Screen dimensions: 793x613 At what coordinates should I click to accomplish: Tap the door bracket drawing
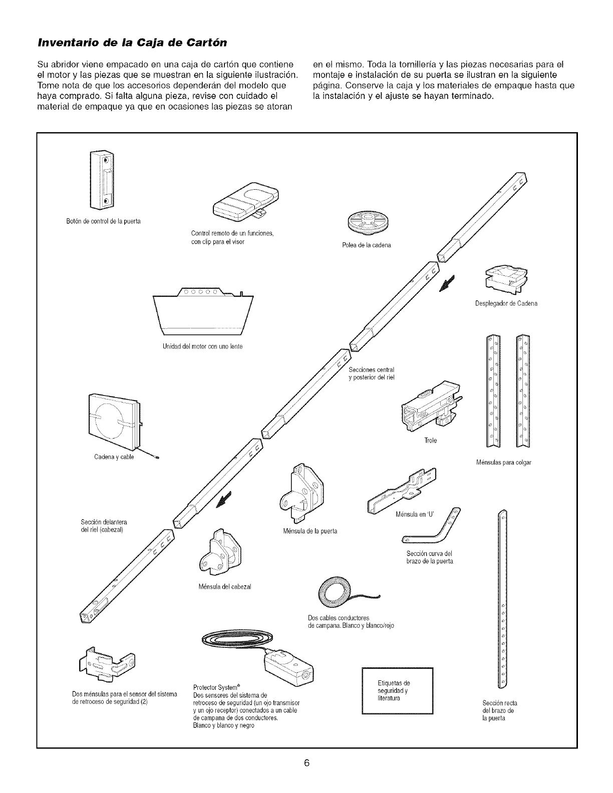tap(302, 492)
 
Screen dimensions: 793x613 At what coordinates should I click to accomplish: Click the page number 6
tap(307, 763)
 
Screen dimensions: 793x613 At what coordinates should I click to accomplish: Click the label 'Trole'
tap(430, 441)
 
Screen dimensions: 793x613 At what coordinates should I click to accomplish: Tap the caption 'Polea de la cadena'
tap(371, 245)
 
